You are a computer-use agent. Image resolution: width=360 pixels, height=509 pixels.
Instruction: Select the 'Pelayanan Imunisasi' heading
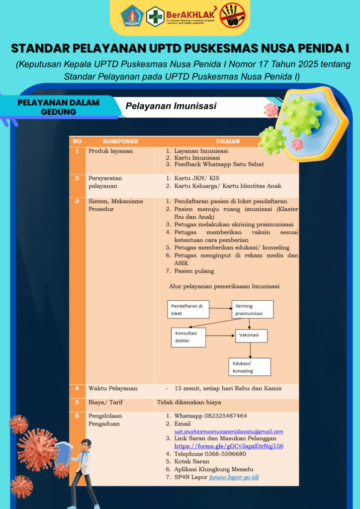coord(171,106)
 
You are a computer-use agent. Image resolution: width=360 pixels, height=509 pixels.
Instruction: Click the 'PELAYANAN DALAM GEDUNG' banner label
coord(58,107)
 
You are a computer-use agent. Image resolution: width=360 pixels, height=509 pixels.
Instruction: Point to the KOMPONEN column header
coord(120,141)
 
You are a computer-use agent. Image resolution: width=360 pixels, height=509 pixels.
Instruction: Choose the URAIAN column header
coord(228,141)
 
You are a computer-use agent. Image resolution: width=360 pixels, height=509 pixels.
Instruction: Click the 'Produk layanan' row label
coord(110,151)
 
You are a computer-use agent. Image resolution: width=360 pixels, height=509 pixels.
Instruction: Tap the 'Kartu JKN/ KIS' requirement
coord(196,178)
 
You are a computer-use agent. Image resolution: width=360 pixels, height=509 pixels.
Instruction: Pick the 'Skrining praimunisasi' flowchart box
coord(252,310)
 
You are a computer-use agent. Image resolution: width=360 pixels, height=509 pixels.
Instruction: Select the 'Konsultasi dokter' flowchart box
coord(188,337)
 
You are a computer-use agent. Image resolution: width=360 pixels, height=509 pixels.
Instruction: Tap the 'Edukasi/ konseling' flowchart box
coord(249,367)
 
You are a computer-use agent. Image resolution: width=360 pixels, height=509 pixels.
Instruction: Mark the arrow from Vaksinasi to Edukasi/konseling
coord(250,350)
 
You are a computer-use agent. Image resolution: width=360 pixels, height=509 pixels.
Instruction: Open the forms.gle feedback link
coord(229,446)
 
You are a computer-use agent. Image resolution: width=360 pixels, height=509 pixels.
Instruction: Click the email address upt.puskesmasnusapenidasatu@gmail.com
coord(229,431)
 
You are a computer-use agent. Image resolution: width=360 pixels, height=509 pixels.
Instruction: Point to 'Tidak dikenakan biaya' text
coord(189,402)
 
